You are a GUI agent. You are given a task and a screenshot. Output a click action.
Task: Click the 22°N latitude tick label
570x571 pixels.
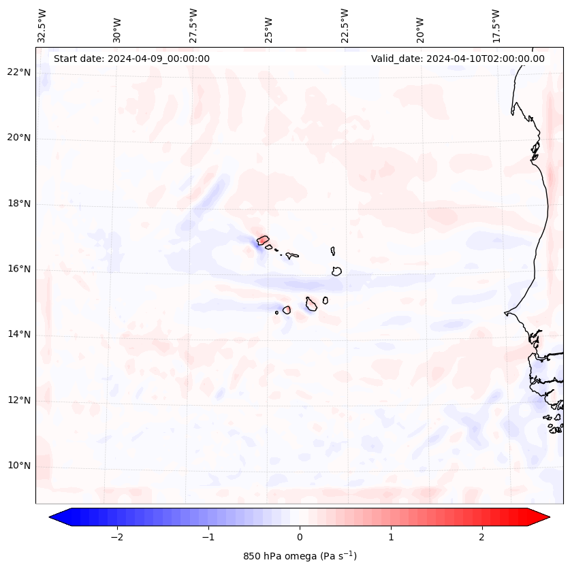coord(19,73)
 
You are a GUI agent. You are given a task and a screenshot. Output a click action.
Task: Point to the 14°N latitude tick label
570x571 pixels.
coord(19,334)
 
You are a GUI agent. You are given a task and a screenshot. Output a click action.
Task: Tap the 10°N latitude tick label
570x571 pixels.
coord(19,466)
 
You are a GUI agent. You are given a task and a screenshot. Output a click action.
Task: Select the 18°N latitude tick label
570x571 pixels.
coord(19,203)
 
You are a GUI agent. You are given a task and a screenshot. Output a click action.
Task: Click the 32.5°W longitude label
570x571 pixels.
coord(42,26)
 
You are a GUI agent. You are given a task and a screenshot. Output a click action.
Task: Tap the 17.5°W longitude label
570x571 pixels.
coord(496,26)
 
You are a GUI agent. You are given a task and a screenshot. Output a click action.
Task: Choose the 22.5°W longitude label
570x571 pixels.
coord(345,26)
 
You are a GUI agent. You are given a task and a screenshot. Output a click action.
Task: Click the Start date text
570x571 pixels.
coord(131,59)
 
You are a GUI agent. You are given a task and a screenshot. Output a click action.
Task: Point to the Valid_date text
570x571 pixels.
coord(458,59)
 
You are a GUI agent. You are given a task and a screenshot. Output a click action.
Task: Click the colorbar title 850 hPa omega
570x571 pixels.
coord(300,556)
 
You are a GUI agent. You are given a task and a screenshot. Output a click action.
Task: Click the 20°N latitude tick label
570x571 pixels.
coord(19,138)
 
